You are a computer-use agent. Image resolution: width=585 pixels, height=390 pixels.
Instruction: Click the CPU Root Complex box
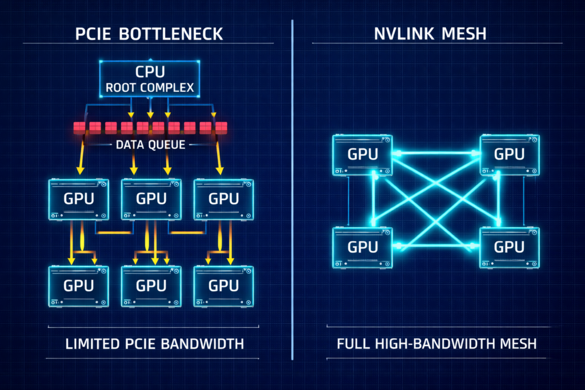tap(150, 79)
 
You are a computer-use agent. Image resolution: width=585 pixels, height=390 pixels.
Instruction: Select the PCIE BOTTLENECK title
tap(150, 34)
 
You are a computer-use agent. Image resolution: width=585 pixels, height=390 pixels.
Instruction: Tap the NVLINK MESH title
tap(437, 34)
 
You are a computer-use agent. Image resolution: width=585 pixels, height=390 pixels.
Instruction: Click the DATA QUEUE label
tap(150, 145)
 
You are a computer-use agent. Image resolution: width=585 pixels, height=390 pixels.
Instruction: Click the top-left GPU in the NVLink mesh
tap(362, 155)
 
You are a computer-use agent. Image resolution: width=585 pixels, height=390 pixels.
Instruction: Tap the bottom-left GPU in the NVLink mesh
tap(362, 247)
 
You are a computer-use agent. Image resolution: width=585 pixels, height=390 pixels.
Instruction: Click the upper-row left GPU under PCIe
tap(78, 199)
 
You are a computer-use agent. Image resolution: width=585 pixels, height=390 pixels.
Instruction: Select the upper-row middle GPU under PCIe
tap(151, 199)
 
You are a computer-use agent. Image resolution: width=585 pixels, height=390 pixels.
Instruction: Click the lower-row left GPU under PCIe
tap(78, 286)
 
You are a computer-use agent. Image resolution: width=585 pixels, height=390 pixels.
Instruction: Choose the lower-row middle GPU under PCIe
tap(151, 286)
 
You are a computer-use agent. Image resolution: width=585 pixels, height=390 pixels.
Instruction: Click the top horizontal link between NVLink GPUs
tap(435, 152)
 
